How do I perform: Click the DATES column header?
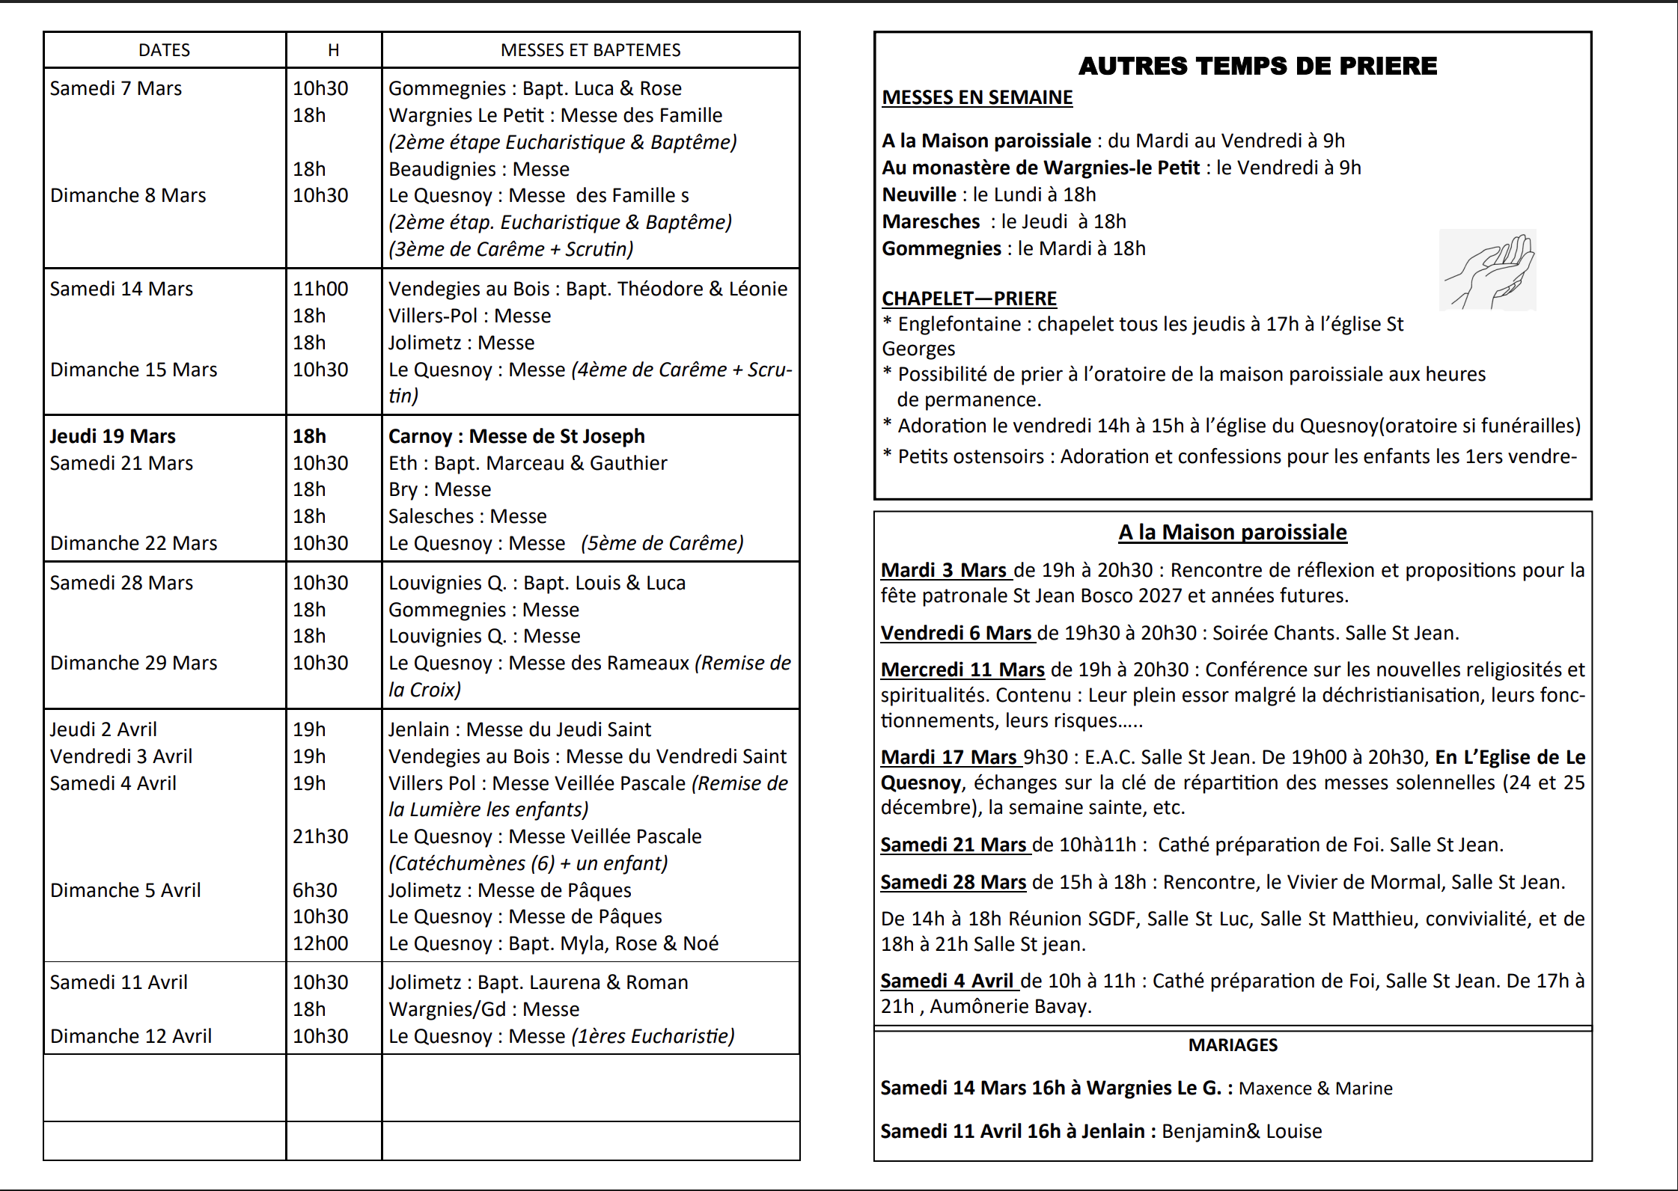click(164, 50)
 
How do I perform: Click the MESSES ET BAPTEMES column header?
click(591, 50)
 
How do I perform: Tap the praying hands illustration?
click(1487, 270)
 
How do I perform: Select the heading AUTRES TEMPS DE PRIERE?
click(1257, 66)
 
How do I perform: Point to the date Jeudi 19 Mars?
click(113, 436)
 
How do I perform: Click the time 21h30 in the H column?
click(320, 836)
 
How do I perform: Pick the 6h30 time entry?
click(315, 890)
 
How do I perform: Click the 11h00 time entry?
click(320, 289)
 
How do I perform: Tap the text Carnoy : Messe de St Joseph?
click(516, 436)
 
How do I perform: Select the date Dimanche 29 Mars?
click(133, 663)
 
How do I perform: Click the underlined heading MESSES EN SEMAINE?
click(977, 98)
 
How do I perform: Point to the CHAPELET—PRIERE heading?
click(969, 298)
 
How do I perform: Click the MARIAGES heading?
click(1233, 1045)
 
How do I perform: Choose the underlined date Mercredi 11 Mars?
click(962, 670)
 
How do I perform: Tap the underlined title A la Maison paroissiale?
click(1233, 533)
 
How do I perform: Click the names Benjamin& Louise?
click(1242, 1131)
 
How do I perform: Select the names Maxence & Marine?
click(1315, 1089)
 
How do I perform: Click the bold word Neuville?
click(919, 195)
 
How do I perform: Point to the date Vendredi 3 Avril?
click(121, 756)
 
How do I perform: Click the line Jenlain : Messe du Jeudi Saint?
click(519, 729)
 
